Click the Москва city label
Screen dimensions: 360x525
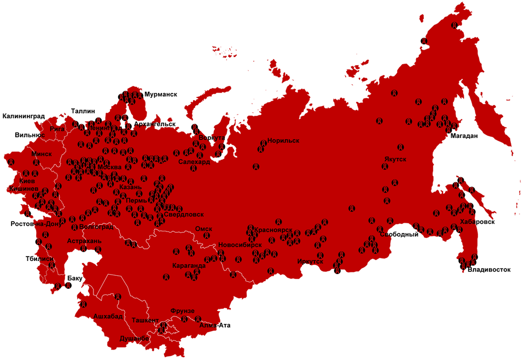109,167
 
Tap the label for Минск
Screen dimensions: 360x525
42,154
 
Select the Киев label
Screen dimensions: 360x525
27,181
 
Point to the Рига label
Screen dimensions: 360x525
57,129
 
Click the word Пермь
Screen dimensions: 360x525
136,201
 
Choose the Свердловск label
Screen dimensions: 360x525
184,215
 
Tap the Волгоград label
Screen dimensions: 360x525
96,227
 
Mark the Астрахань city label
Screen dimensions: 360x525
84,241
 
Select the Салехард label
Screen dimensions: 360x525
194,162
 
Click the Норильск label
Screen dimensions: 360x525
283,141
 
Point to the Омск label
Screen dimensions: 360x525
204,229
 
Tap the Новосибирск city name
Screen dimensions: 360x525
240,245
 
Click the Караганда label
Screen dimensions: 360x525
188,266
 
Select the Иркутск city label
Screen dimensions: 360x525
310,262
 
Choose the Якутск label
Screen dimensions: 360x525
395,159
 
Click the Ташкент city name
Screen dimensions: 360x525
145,320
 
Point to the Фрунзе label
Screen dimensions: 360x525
182,311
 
